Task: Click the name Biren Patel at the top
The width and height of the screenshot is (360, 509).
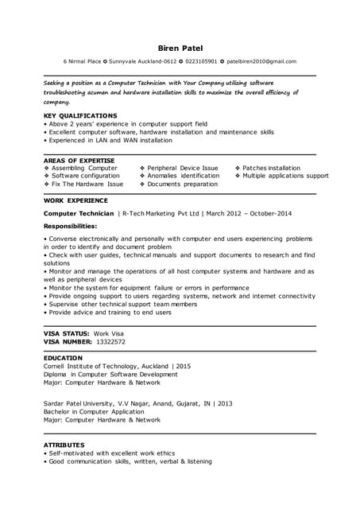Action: point(180,48)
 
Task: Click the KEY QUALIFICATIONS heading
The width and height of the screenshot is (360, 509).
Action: point(80,115)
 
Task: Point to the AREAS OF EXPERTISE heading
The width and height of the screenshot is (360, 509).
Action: point(79,161)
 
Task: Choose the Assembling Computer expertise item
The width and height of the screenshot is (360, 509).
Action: point(85,169)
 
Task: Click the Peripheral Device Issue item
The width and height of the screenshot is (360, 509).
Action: point(183,169)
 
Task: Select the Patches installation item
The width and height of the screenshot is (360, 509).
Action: point(271,169)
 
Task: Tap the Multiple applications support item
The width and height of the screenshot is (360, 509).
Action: point(285,176)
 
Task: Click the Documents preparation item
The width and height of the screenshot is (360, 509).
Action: point(182,184)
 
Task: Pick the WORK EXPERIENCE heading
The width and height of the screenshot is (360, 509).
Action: point(75,201)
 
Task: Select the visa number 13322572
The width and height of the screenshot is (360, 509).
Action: point(110,341)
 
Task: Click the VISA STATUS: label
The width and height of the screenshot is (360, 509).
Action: point(66,333)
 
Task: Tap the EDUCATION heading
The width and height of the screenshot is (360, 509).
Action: point(63,358)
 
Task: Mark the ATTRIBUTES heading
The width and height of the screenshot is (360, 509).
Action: point(64,445)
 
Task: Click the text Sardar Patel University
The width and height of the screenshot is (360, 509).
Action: point(80,404)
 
